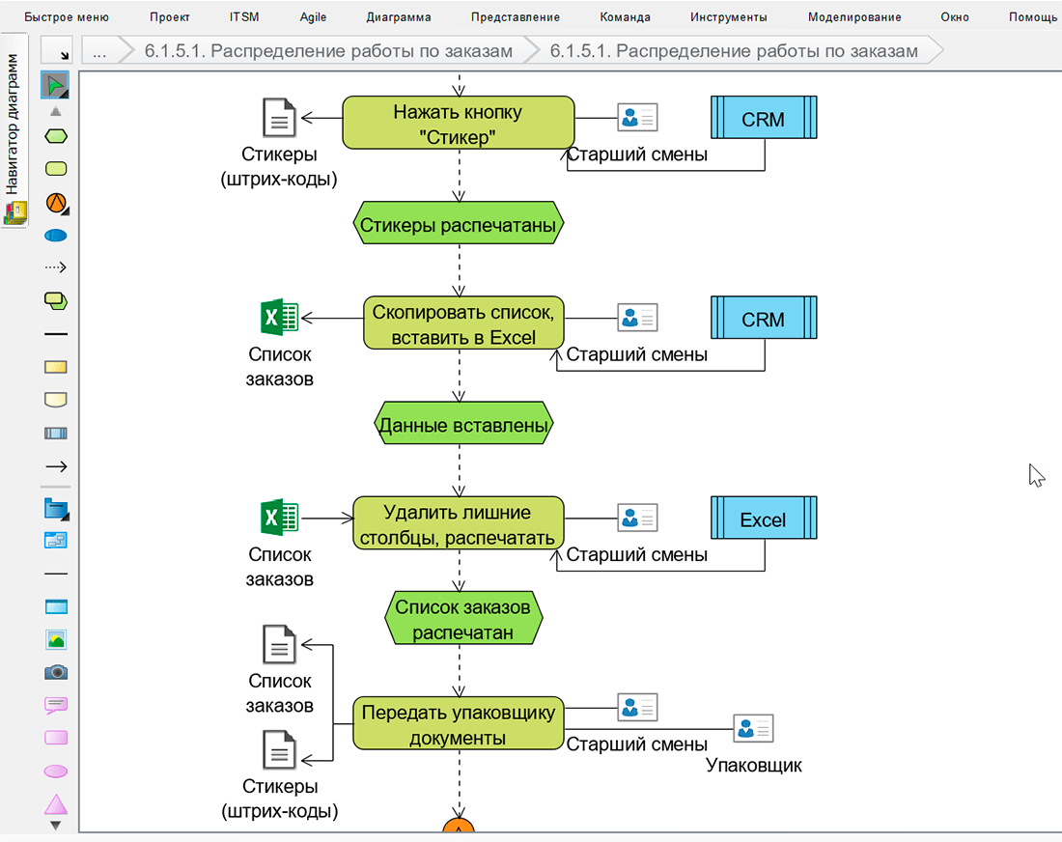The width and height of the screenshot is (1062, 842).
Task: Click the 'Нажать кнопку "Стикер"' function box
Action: click(459, 123)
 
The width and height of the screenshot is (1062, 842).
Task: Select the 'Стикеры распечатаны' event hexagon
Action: click(459, 226)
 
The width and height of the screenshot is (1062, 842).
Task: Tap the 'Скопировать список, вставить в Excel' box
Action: click(463, 323)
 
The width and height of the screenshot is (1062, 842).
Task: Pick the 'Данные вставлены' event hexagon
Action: click(463, 425)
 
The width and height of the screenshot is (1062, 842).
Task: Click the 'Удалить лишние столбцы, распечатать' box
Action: click(459, 524)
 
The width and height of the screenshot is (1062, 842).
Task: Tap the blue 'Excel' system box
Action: click(764, 519)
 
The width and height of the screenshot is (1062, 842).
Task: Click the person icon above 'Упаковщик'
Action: click(753, 728)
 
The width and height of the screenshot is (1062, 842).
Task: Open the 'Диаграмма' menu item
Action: click(399, 17)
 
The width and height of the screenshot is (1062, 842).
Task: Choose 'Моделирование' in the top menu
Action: click(854, 17)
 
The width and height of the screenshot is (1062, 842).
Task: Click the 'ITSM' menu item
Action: click(244, 17)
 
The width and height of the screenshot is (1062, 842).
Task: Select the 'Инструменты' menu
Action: click(729, 17)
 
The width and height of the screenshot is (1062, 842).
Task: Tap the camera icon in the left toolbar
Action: click(56, 672)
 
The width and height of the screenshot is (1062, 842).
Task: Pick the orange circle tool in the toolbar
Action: click(56, 203)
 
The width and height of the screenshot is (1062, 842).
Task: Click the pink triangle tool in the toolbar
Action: click(56, 804)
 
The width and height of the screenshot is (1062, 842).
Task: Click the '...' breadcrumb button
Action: click(99, 51)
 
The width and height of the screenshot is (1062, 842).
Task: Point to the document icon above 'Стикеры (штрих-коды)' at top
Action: click(280, 119)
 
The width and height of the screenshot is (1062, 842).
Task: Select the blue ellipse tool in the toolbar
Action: click(56, 236)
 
